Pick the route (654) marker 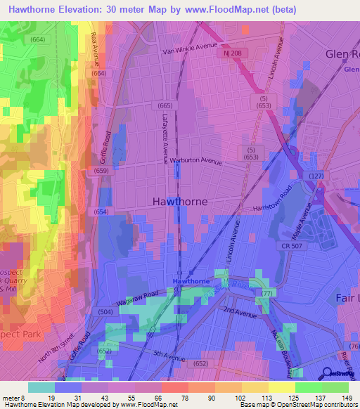(x=101, y=212)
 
